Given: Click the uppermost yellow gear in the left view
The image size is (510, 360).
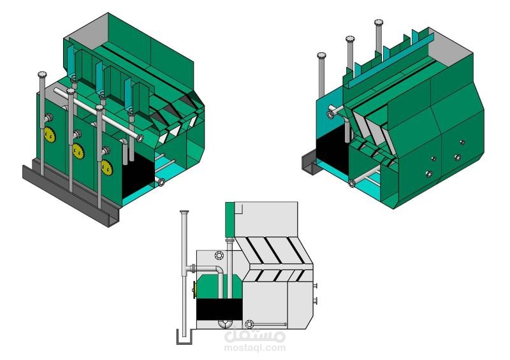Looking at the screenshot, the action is click(x=50, y=134).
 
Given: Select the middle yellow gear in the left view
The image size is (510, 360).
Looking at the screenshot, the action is click(x=78, y=151).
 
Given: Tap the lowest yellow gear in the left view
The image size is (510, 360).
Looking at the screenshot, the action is click(x=106, y=168).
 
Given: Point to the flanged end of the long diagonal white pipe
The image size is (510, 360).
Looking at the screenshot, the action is click(x=140, y=138).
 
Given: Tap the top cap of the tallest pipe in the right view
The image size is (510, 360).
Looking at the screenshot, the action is click(x=379, y=22).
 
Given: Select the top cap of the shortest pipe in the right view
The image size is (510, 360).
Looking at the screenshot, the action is click(x=321, y=55).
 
